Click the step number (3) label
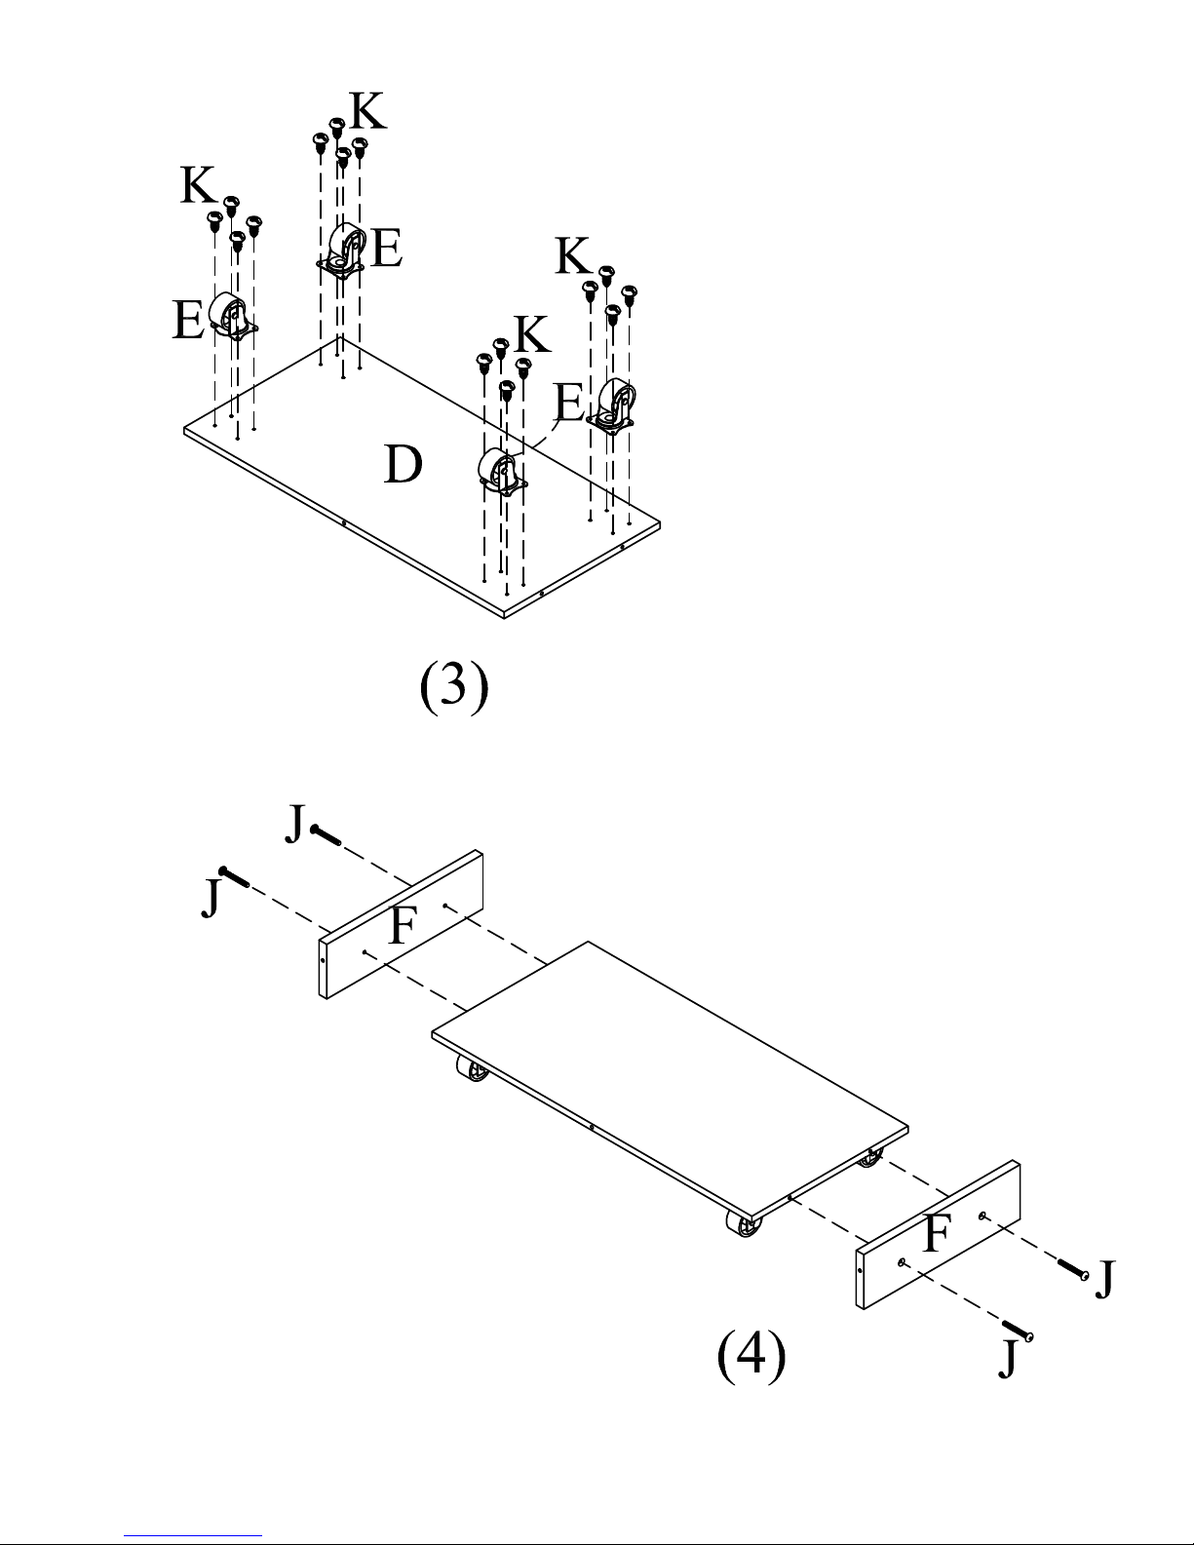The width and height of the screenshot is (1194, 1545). coord(454,685)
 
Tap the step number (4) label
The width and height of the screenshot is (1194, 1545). coord(751,1355)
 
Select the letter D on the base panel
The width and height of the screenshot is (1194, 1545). coord(403,464)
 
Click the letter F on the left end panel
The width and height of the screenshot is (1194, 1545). coord(403,925)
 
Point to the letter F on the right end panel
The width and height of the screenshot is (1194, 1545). coord(937,1233)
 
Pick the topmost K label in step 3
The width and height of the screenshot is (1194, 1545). coord(368,111)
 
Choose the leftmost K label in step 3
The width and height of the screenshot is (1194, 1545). coord(198,185)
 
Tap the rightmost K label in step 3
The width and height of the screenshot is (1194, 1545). coord(572,255)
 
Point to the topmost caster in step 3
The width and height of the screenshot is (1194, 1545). coord(341,250)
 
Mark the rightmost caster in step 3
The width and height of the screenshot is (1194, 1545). coord(612,406)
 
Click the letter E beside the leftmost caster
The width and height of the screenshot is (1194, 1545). coord(187,320)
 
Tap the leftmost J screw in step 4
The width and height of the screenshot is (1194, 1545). coord(234,876)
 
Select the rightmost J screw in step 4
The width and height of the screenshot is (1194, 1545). coord(1073,1269)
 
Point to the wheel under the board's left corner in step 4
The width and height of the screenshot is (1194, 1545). coord(472,1069)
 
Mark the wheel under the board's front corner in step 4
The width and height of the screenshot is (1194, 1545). coord(744,1224)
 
